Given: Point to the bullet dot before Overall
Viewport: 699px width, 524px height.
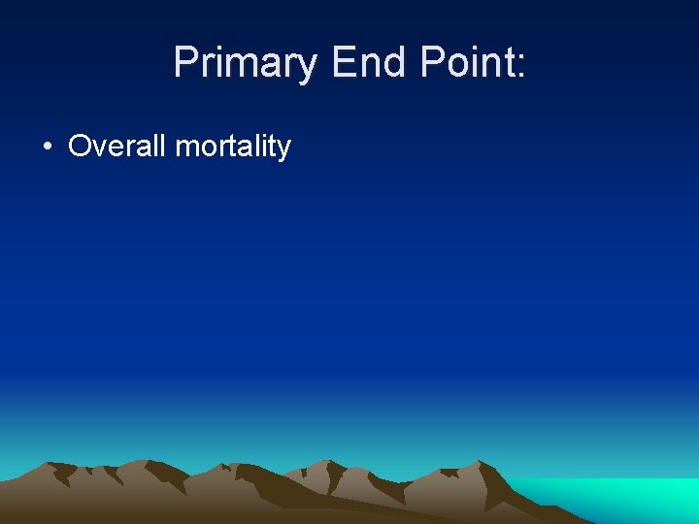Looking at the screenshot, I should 47,147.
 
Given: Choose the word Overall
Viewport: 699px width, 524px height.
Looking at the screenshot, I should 117,147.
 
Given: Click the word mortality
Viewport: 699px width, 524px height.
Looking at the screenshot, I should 233,147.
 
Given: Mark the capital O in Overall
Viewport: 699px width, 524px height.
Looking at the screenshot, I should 79,147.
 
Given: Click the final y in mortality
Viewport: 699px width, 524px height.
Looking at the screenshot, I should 283,150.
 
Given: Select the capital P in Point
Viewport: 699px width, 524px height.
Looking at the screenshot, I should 432,63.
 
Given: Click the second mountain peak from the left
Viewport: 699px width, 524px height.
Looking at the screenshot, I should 146,462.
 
